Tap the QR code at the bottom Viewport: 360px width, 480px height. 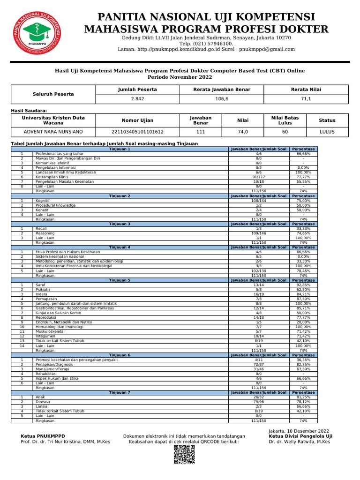click(184, 454)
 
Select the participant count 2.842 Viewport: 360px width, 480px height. click(137, 99)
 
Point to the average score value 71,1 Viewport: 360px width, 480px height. click(306, 99)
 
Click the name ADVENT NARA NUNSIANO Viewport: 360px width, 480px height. click(53, 132)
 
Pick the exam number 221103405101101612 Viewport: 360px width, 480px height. click(137, 132)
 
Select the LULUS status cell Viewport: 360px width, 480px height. click(327, 132)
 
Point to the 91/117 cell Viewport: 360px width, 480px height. click(258, 177)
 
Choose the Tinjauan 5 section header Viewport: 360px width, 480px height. click(120, 280)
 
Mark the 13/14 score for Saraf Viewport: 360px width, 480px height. click(258, 285)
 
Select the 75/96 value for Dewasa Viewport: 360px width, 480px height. click(258, 401)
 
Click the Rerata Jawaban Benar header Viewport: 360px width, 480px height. click(222, 89)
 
